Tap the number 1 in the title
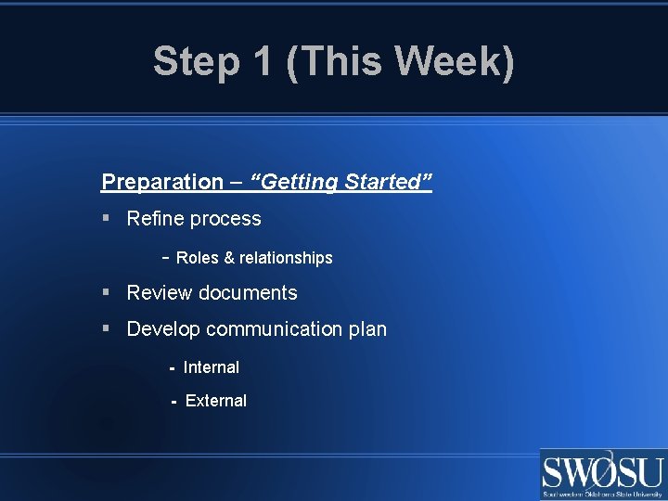261,62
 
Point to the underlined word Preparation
162,183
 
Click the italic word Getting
301,183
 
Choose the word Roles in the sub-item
198,258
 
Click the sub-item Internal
212,367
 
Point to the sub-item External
216,401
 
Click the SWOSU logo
603,474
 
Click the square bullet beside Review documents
107,293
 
